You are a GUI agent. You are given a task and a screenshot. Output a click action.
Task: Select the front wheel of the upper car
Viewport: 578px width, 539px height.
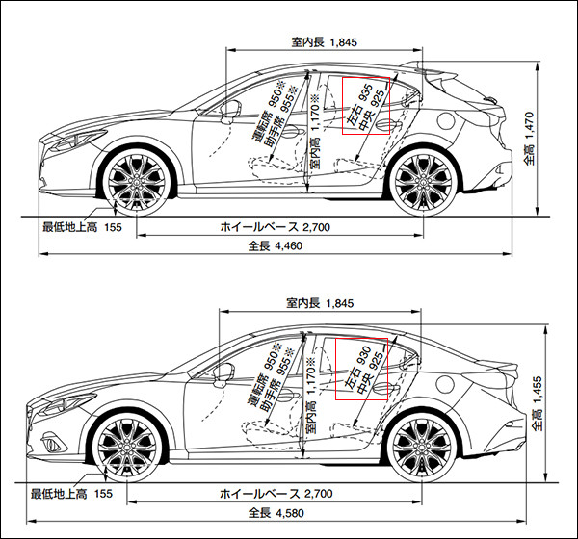137,180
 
